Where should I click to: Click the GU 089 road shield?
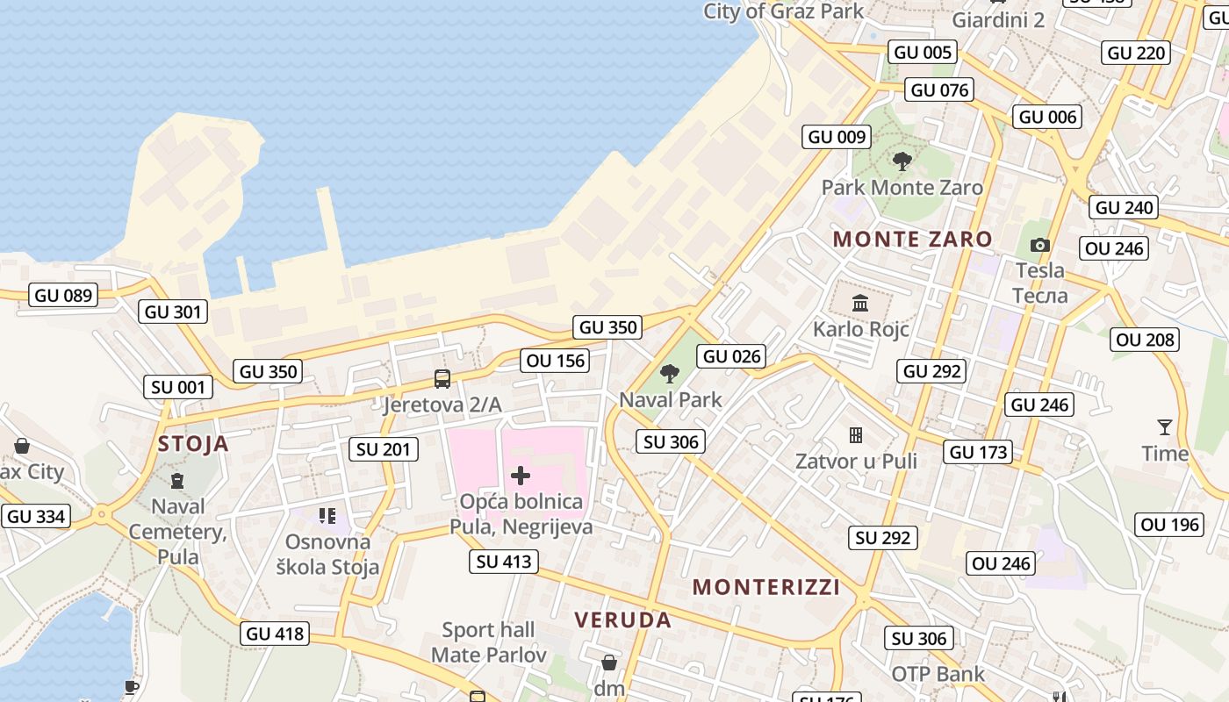pos(64,295)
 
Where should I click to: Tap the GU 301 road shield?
pos(173,312)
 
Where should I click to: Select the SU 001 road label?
pos(178,387)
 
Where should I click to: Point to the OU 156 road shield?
pos(556,361)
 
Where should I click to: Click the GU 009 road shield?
pos(837,137)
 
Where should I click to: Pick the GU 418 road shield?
pos(275,634)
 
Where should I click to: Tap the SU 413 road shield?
pos(504,562)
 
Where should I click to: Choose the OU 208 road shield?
pos(1145,340)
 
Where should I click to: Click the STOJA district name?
pos(193,444)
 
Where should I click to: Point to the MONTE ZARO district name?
pos(913,239)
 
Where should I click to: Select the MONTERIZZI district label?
pos(766,587)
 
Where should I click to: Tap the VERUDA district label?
pos(623,620)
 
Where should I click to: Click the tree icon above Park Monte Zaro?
pos(902,161)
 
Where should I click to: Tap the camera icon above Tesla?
pos(1040,246)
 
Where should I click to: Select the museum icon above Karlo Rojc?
pos(860,304)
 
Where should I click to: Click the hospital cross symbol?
pos(521,476)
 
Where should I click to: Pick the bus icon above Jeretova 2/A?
pos(442,379)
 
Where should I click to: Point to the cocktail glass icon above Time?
pos(1165,427)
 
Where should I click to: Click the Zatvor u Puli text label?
pos(856,462)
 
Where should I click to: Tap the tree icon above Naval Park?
pos(670,374)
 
